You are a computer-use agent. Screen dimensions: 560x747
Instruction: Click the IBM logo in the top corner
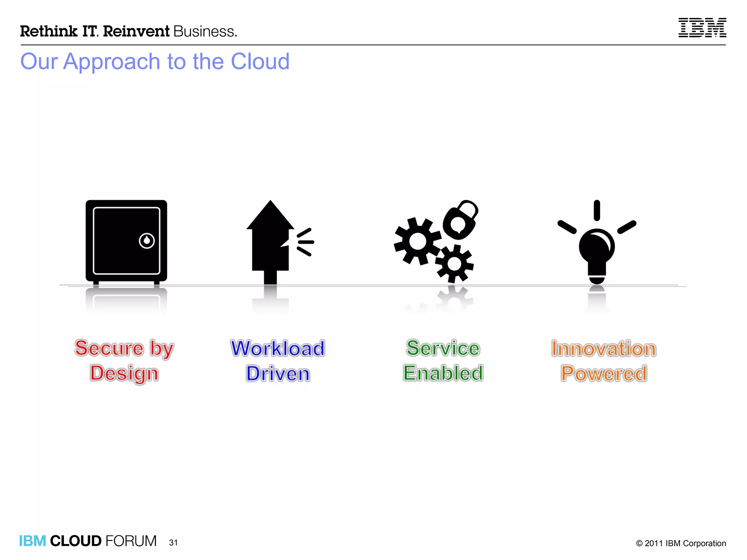coord(702,28)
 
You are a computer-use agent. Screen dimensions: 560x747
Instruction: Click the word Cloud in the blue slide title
coord(260,61)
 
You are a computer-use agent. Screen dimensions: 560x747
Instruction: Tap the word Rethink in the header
coord(49,31)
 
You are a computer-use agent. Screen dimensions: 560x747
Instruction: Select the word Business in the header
coord(205,32)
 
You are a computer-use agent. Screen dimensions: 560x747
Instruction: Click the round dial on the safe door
coord(147,241)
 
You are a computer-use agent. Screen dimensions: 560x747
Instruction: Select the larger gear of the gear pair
coord(418,241)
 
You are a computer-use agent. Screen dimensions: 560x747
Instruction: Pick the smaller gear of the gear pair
coord(454,264)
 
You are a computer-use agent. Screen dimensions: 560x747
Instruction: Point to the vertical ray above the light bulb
coord(597,210)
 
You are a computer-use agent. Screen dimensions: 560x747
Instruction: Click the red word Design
coord(124,374)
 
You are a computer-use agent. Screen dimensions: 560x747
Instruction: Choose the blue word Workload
coord(278,349)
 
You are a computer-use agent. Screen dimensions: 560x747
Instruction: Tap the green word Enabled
coord(443,373)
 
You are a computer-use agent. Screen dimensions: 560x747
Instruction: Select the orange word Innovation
coord(604,349)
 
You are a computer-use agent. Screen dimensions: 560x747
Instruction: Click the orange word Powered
coord(604,374)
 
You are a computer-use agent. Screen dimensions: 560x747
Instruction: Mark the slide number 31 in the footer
coord(173,542)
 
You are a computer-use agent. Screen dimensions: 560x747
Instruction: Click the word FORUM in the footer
coord(131,541)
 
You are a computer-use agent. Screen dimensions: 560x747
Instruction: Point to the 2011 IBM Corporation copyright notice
coord(681,543)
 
